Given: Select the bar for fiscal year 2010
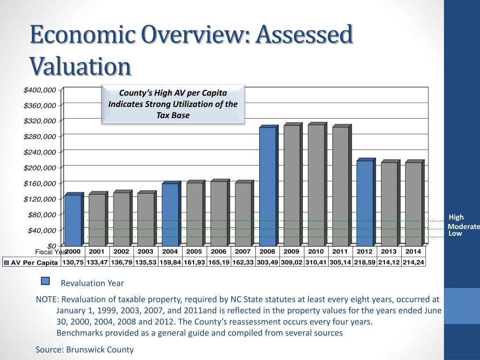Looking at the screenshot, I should pyautogui.click(x=316, y=185).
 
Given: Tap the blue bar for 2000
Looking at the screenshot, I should pyautogui.click(x=73, y=220).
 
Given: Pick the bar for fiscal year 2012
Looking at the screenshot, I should pyautogui.click(x=365, y=203).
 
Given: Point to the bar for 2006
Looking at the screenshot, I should pyautogui.click(x=218, y=213).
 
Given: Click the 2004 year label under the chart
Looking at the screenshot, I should pyautogui.click(x=170, y=252).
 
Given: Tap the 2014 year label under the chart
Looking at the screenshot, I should pyautogui.click(x=413, y=252).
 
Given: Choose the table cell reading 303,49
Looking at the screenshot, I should pyautogui.click(x=267, y=262).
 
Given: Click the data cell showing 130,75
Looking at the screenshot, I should pyautogui.click(x=73, y=262).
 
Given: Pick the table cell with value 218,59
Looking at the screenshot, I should pyautogui.click(x=365, y=262).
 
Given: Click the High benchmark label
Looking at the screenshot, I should pyautogui.click(x=456, y=217).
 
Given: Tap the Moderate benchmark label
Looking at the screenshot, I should pyautogui.click(x=464, y=227).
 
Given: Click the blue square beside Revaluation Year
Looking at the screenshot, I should pyautogui.click(x=45, y=281).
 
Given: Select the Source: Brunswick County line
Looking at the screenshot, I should pyautogui.click(x=85, y=350).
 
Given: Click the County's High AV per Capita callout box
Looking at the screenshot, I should pyautogui.click(x=173, y=104).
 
